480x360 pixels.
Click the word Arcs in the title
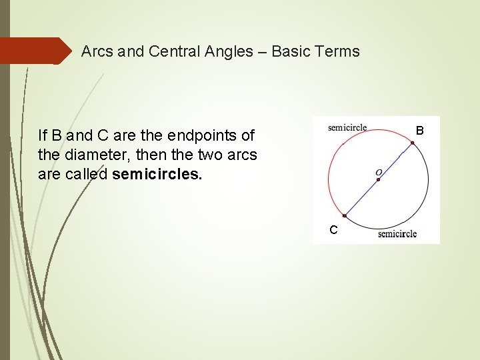point(97,51)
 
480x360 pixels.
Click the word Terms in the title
point(338,51)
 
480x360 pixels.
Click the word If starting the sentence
point(43,136)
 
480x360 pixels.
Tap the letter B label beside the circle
point(419,130)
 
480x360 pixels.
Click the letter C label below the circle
point(333,230)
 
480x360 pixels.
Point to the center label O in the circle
point(379,173)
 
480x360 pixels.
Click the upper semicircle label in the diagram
point(347,128)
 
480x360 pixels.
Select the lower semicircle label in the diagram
point(397,233)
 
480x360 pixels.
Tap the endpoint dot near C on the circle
point(345,215)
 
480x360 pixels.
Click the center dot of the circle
point(378,179)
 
